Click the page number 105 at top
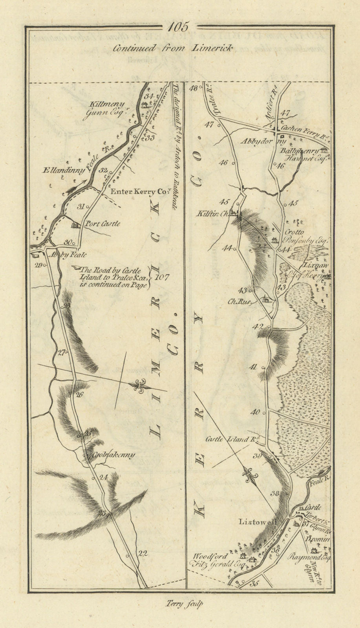click(x=180, y=27)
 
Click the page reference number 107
click(x=162, y=277)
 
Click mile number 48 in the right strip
click(x=193, y=89)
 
